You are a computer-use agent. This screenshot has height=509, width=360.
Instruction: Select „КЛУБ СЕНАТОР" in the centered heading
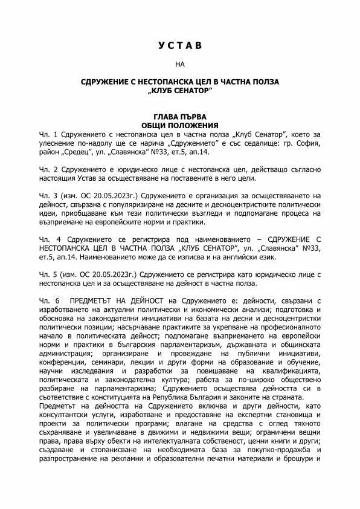tap(179, 89)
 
